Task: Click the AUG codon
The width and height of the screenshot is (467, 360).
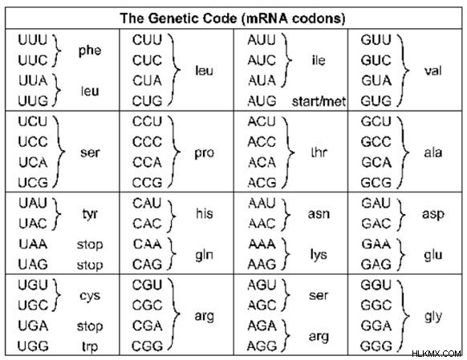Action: pyautogui.click(x=262, y=101)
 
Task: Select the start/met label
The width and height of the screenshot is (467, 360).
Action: pyautogui.click(x=319, y=102)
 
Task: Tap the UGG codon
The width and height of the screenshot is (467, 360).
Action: pyautogui.click(x=33, y=346)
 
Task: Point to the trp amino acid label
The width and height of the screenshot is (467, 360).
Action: pyautogui.click(x=90, y=347)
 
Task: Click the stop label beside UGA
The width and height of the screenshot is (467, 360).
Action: pyautogui.click(x=90, y=326)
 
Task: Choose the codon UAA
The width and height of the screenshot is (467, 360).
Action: pyautogui.click(x=33, y=245)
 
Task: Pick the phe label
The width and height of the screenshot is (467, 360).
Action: pyautogui.click(x=90, y=51)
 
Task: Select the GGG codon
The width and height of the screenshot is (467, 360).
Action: pyautogui.click(x=376, y=346)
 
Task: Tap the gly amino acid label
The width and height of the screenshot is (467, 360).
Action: pyautogui.click(x=433, y=317)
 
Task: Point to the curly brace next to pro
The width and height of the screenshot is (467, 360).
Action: pyautogui.click(x=175, y=152)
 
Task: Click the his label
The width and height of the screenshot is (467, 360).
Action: pyautogui.click(x=205, y=213)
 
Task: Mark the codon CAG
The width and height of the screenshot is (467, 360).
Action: pyautogui.click(x=147, y=265)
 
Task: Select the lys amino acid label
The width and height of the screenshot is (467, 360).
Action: pyautogui.click(x=319, y=255)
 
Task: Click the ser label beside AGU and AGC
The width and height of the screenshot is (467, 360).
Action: pyautogui.click(x=319, y=295)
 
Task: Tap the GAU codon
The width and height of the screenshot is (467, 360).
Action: pyautogui.click(x=376, y=203)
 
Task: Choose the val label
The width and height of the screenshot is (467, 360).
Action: pyautogui.click(x=433, y=71)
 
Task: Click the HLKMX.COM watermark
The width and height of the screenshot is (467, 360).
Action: pyautogui.click(x=437, y=354)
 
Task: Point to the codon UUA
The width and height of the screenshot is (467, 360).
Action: pyautogui.click(x=33, y=81)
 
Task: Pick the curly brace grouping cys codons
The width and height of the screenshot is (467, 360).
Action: pyautogui.click(x=56, y=295)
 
